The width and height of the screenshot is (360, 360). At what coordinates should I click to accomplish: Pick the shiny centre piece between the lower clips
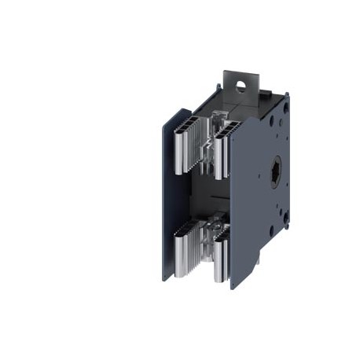(x=211, y=240)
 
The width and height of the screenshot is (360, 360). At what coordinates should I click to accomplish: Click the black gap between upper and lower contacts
(x=206, y=193)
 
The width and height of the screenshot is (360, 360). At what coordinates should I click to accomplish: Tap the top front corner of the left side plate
(x=167, y=110)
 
